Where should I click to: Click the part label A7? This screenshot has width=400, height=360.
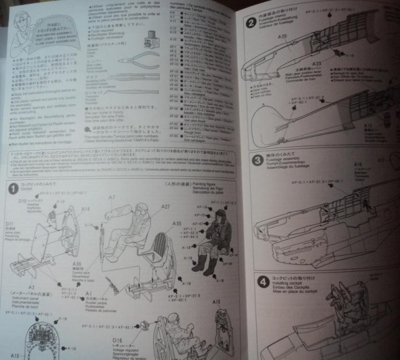tap(111, 197)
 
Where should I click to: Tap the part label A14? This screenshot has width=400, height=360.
tap(85, 208)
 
